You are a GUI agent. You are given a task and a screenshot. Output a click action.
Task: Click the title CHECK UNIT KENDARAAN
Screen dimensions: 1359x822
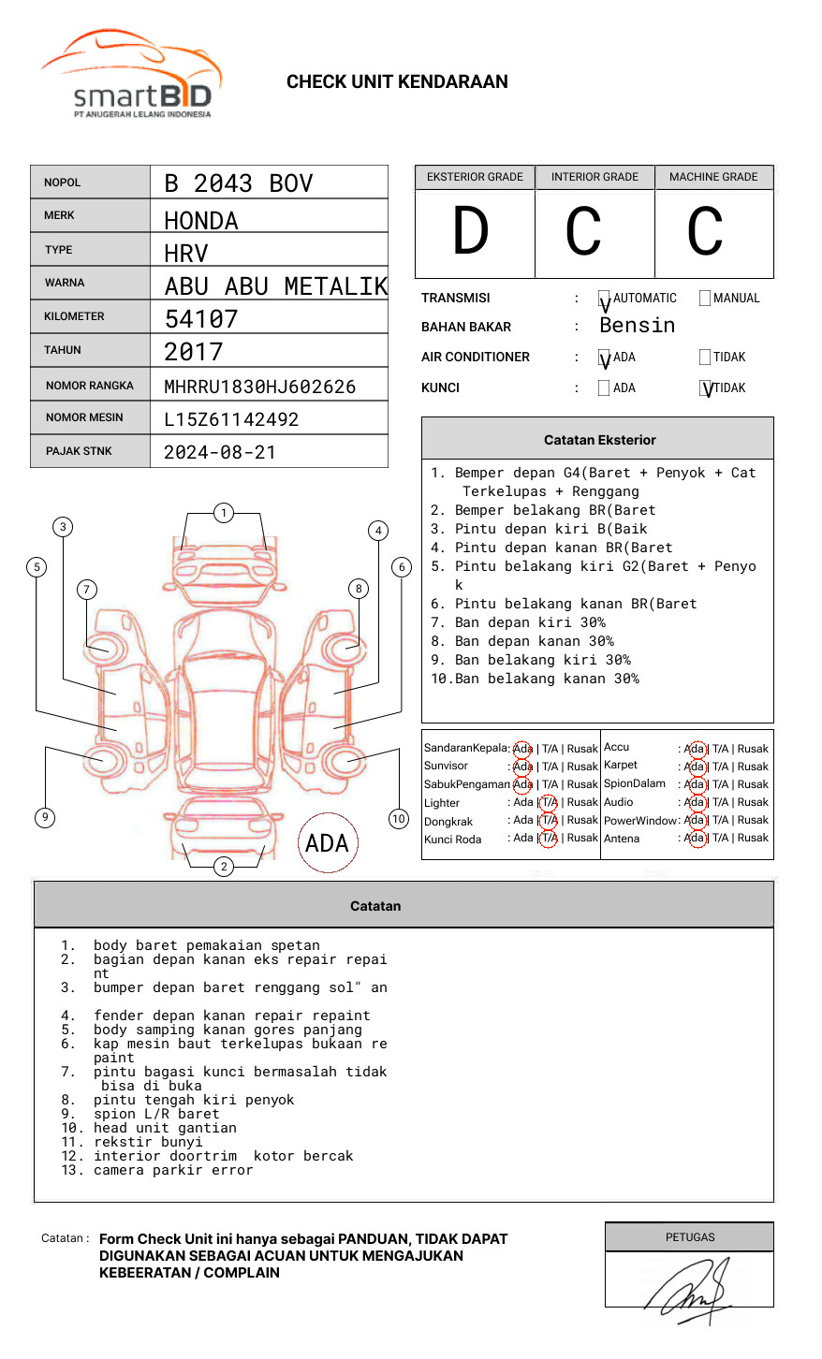[397, 82]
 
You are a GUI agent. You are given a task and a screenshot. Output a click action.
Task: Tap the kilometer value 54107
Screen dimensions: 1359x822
[201, 319]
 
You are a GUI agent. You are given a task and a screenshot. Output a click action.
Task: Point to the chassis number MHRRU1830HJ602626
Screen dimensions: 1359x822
[259, 387]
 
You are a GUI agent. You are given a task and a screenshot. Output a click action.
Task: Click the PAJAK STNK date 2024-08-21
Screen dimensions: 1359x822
[220, 452]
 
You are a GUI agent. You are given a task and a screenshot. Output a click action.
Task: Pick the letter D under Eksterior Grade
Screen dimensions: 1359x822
[471, 232]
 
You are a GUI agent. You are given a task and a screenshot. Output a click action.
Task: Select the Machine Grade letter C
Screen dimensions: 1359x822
[704, 232]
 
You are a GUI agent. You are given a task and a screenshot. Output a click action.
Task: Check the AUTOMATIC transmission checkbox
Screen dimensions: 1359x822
[604, 300]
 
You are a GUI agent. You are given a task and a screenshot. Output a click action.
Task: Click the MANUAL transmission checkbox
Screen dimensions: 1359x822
[705, 299]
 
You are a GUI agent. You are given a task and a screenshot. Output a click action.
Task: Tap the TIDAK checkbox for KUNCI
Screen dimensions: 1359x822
[706, 388]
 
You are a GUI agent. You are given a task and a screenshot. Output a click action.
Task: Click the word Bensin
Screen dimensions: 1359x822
[637, 326]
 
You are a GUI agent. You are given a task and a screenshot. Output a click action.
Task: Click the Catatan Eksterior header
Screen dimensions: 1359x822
[599, 440]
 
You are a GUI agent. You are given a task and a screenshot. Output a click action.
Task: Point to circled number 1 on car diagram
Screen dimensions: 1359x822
[223, 513]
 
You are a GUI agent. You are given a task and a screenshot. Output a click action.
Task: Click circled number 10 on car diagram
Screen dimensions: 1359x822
[399, 819]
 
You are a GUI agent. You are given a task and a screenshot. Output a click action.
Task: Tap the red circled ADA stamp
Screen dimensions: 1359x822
[327, 843]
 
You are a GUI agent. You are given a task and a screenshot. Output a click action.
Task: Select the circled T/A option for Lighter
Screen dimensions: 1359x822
[550, 802]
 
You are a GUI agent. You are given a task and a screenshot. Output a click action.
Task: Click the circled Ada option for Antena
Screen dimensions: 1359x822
[695, 839]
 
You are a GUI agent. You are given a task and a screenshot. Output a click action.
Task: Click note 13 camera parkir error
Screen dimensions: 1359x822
[173, 1170]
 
